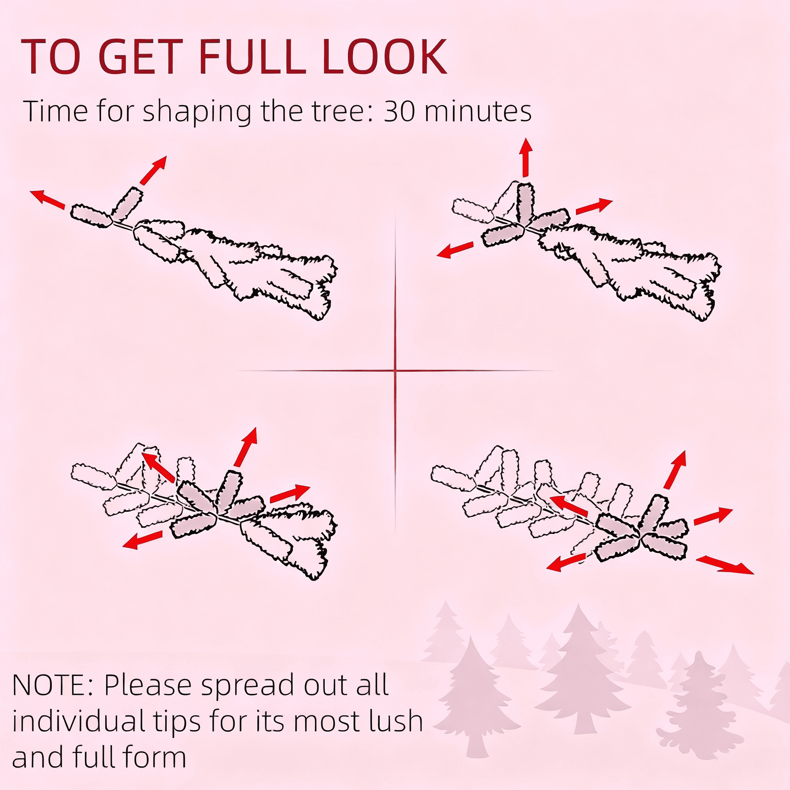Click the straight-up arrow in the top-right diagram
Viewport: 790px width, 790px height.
(526, 157)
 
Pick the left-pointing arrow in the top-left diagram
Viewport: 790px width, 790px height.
(48, 199)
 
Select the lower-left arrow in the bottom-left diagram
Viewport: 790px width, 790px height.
(143, 540)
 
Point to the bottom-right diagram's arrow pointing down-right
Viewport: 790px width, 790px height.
(724, 565)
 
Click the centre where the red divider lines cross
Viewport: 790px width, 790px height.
(395, 371)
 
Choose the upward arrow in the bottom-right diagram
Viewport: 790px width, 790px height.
(675, 470)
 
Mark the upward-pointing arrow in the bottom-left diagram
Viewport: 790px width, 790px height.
(246, 447)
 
